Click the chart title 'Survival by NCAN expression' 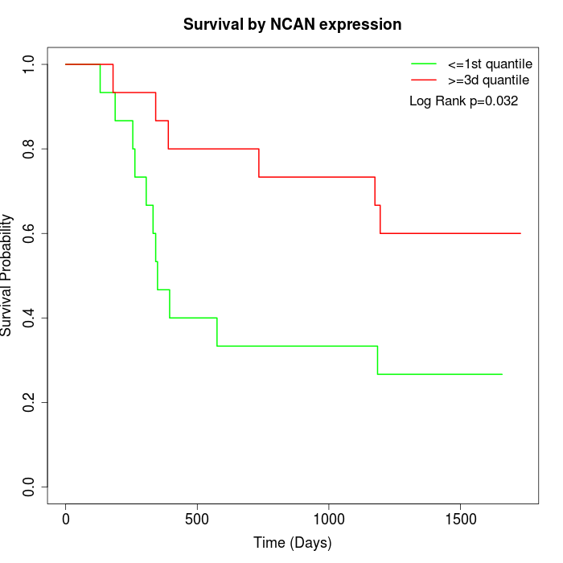click(x=292, y=24)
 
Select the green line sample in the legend click(x=424, y=64)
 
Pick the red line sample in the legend click(x=424, y=80)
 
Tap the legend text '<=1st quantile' click(x=490, y=64)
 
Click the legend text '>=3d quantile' click(x=488, y=80)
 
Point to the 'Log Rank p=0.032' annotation click(x=463, y=101)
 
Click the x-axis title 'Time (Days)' click(x=292, y=543)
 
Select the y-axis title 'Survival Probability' click(x=8, y=275)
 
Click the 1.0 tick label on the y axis click(x=30, y=64)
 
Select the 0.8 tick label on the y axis click(x=30, y=149)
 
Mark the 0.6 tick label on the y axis click(x=30, y=233)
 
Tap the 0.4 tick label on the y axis click(x=30, y=318)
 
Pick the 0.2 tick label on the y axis click(x=30, y=402)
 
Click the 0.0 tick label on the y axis click(x=30, y=487)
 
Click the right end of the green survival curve click(x=502, y=374)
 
